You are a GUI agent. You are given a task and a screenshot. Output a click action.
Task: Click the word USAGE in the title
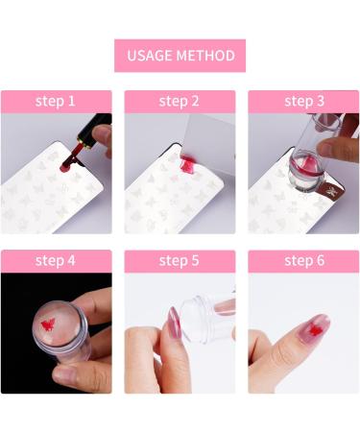click(150, 56)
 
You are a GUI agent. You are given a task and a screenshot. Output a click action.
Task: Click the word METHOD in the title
click(205, 56)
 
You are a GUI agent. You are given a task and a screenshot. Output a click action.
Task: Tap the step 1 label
click(55, 101)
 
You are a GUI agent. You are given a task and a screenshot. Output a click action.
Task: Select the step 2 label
click(179, 101)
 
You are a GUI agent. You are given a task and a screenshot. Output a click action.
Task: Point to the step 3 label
click(304, 101)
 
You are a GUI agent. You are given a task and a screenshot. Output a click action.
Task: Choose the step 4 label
click(55, 260)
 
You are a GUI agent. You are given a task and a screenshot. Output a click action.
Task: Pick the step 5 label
click(179, 260)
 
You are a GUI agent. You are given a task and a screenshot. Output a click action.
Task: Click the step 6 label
click(304, 260)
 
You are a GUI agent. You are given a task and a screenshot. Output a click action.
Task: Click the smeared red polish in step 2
click(186, 163)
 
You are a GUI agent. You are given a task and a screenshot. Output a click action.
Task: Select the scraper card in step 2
click(208, 144)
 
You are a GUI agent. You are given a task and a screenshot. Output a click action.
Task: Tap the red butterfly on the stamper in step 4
click(48, 324)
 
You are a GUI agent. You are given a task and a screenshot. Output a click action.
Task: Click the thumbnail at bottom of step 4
click(65, 373)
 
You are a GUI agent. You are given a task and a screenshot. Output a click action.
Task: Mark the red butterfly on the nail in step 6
click(316, 330)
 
